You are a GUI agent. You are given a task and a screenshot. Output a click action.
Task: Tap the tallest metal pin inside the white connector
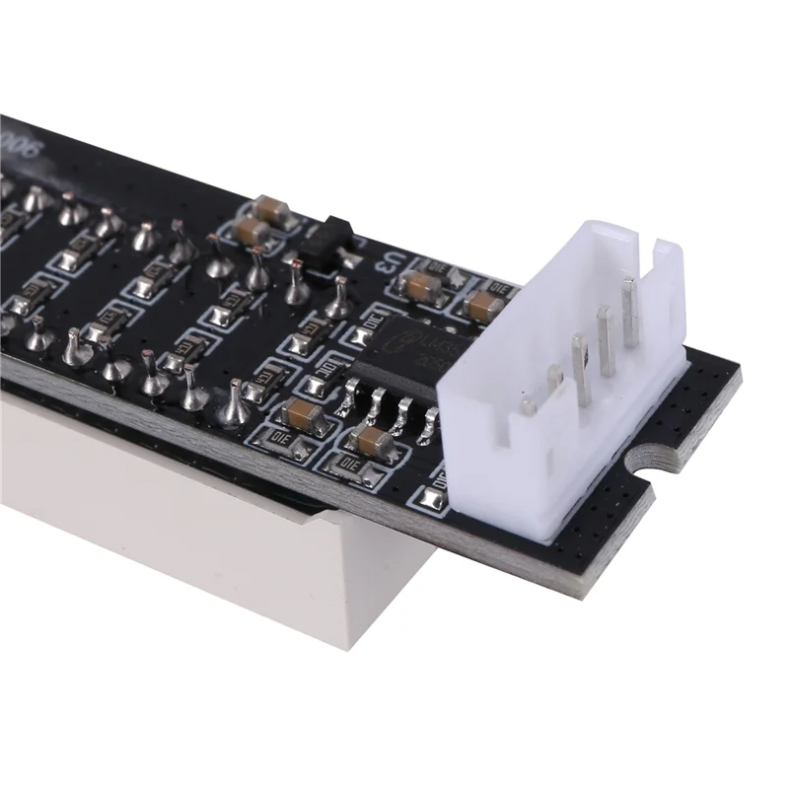pos(629,311)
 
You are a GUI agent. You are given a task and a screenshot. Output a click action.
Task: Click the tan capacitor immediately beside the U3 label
pos(422,285)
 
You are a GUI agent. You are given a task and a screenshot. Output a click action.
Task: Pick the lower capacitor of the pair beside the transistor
pos(252,233)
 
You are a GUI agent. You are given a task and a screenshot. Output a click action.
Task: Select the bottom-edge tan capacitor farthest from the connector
pos(302,412)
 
